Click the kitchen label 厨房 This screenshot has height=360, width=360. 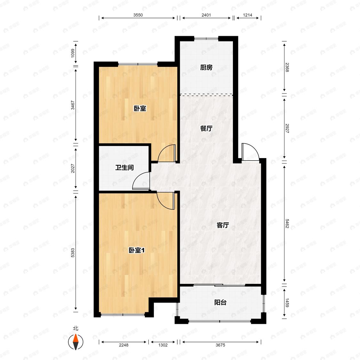tap(206, 67)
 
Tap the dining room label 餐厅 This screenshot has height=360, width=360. tap(206, 128)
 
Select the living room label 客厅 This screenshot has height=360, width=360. tap(223, 225)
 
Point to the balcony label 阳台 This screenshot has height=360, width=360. tap(220, 302)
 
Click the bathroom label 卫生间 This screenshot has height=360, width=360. tap(124, 167)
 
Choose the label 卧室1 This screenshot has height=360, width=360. tap(137, 250)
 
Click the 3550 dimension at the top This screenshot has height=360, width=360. tap(138, 15)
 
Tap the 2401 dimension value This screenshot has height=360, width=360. tap(206, 15)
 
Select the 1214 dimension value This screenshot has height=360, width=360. tap(247, 15)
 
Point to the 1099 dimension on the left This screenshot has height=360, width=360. tap(73, 53)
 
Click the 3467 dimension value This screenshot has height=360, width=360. tap(73, 105)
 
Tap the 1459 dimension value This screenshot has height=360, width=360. tap(287, 303)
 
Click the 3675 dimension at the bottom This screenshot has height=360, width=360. tap(220, 345)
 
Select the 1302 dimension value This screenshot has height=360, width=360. tap(163, 345)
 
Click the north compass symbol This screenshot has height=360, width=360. tap(76, 342)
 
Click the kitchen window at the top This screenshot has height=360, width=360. tap(206, 38)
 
